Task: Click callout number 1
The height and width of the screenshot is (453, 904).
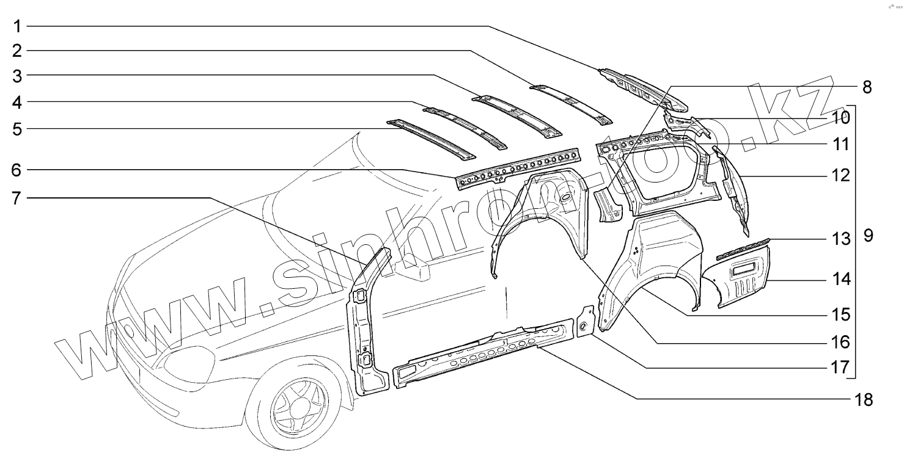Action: [18, 26]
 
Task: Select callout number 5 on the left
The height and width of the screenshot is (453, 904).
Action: [18, 129]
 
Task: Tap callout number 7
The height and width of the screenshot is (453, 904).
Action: [18, 198]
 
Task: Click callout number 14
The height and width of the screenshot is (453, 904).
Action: [841, 280]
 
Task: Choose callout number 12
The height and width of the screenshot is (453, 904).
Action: [841, 176]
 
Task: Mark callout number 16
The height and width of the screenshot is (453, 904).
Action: [841, 341]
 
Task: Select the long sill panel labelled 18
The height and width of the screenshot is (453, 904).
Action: [483, 352]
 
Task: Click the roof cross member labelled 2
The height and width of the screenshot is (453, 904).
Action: [571, 102]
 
